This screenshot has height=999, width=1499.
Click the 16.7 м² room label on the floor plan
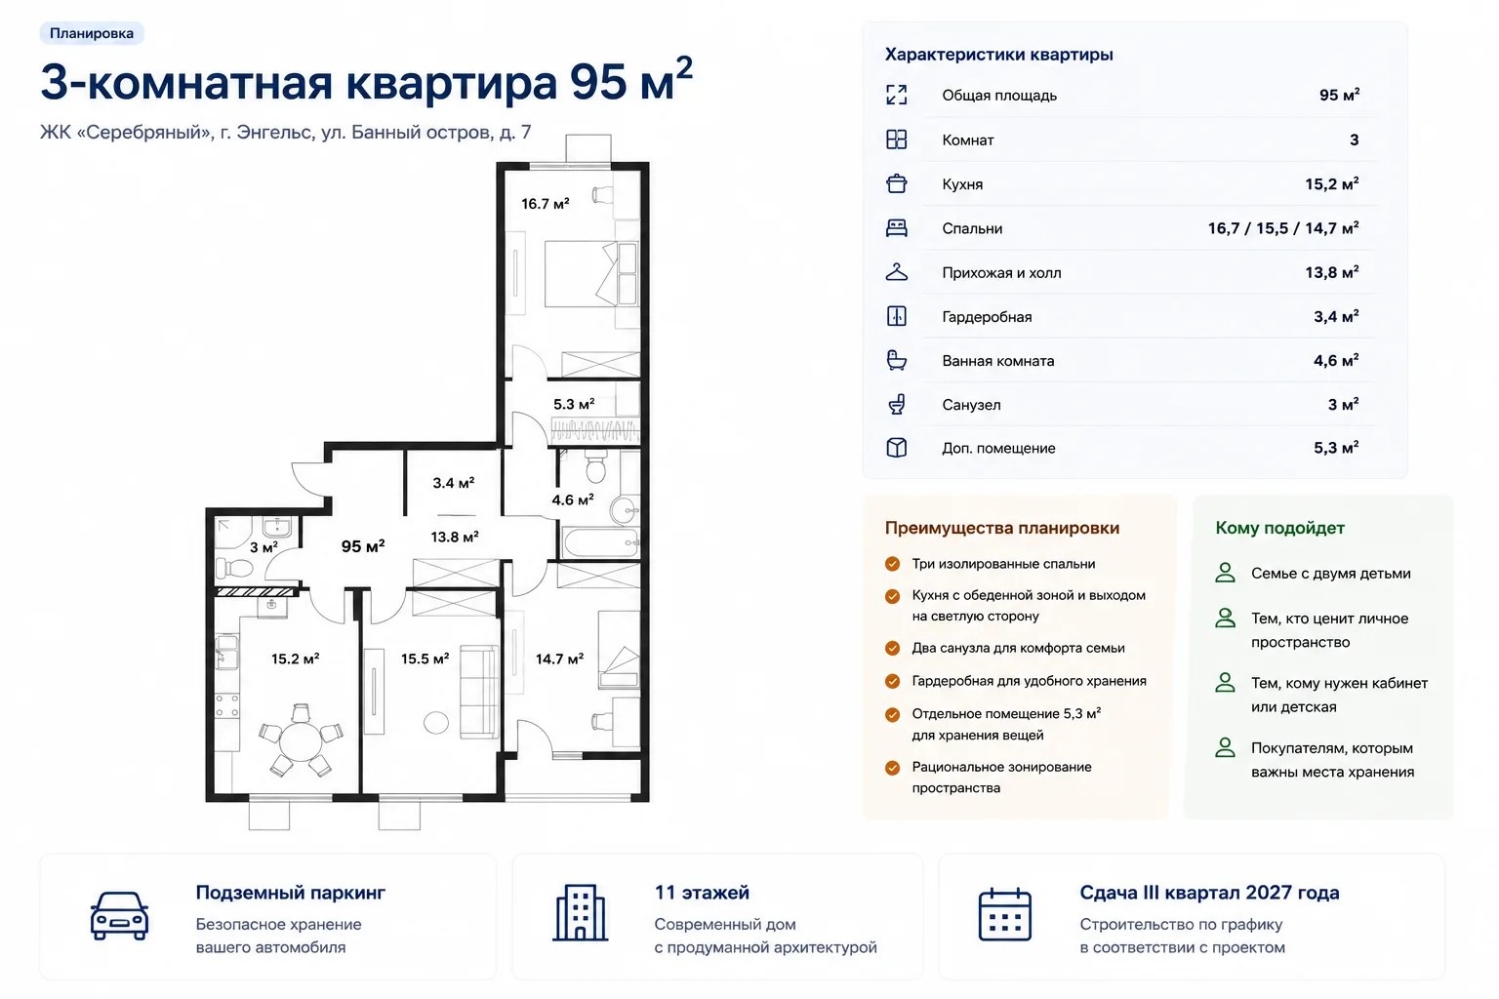tap(545, 204)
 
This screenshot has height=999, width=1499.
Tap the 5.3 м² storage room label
tap(574, 404)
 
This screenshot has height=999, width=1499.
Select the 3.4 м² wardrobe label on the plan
tap(453, 483)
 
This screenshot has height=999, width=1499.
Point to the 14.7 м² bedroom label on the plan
tap(559, 659)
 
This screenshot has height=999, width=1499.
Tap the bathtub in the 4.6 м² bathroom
tap(600, 542)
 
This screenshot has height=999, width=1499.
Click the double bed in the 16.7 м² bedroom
tap(591, 273)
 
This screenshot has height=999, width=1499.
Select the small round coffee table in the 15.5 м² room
tap(436, 723)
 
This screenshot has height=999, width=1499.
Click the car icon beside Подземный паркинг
tap(119, 915)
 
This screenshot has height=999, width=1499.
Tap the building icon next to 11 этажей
tap(581, 913)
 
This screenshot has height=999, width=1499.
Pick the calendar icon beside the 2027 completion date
tap(1004, 914)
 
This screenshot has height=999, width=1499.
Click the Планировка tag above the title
tap(92, 33)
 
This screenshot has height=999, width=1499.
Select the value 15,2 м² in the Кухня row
tap(1332, 184)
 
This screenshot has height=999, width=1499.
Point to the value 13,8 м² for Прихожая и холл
tap(1332, 272)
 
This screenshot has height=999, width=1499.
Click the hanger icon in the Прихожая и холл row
tap(896, 272)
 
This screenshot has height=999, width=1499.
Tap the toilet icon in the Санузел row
tap(896, 404)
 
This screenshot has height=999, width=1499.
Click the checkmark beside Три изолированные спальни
tap(892, 564)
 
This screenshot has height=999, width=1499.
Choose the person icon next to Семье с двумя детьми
tap(1226, 573)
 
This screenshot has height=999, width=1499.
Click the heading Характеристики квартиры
tap(999, 55)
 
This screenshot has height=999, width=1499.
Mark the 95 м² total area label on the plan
tap(363, 546)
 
